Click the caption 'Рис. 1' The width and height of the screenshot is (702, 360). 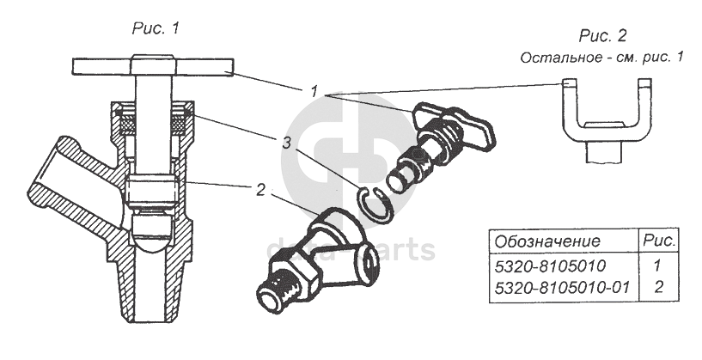tap(156, 28)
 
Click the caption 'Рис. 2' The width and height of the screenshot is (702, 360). tap(602, 36)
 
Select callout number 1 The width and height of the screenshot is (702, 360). tap(315, 88)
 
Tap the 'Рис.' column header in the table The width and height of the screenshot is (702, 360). tap(659, 241)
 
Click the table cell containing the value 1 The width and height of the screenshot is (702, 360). tap(658, 267)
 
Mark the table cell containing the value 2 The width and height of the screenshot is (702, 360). tap(658, 288)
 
